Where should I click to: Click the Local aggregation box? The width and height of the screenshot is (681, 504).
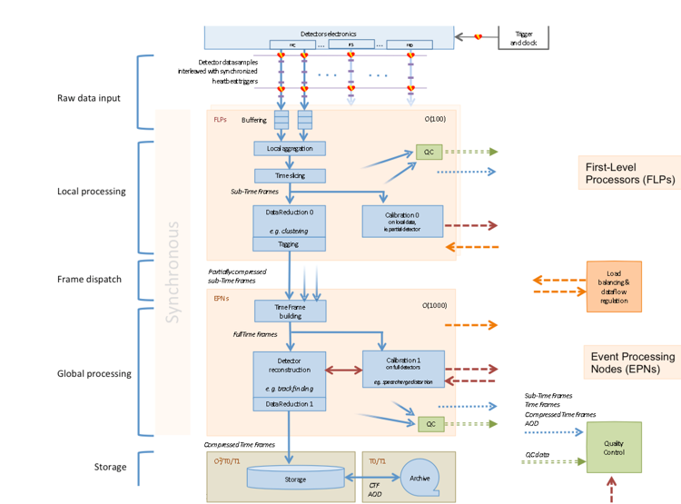(x=289, y=148)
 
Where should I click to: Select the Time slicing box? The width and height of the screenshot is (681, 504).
(x=289, y=175)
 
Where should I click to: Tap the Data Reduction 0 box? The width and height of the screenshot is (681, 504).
(x=289, y=220)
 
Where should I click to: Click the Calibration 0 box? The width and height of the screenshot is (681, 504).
(x=401, y=220)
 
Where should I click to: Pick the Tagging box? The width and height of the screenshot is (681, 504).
(x=289, y=243)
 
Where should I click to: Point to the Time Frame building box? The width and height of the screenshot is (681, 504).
(x=289, y=311)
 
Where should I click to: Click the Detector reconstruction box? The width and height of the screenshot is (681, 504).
(x=289, y=373)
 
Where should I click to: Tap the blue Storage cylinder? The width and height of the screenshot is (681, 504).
(x=289, y=478)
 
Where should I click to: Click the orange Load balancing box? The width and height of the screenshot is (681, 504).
(x=613, y=286)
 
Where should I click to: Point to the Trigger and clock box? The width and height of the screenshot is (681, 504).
(x=523, y=37)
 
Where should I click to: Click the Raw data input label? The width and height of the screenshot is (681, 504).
(x=89, y=97)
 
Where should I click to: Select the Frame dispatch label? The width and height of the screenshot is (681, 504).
(x=89, y=279)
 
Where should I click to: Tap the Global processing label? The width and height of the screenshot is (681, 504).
(x=94, y=373)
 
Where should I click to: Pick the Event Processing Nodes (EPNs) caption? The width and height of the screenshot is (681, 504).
(x=629, y=361)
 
